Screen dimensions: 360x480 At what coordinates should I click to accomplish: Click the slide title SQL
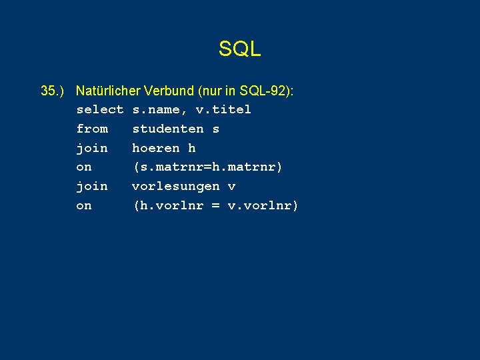(x=239, y=49)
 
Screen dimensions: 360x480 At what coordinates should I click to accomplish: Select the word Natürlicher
(x=107, y=90)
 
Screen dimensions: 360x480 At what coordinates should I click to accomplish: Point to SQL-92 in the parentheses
(x=258, y=90)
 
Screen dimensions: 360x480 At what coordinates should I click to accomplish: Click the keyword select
(x=100, y=109)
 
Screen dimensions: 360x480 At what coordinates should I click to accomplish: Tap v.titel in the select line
(x=223, y=109)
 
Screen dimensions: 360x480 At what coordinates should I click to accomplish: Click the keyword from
(x=92, y=129)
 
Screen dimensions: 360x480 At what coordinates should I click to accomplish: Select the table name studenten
(x=167, y=129)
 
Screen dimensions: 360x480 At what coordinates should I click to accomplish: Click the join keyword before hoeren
(x=92, y=148)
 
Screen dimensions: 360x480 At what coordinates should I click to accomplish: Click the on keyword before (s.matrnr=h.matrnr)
(x=84, y=167)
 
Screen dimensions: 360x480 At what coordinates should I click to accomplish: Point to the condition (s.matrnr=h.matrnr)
(x=207, y=167)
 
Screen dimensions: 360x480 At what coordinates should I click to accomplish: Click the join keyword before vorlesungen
(x=92, y=186)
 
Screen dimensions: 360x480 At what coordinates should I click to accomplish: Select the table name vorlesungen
(x=175, y=186)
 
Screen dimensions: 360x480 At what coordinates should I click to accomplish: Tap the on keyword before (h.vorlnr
(x=84, y=205)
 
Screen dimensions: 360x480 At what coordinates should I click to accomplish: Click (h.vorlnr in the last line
(x=167, y=205)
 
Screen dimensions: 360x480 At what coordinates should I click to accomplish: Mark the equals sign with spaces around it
(x=215, y=205)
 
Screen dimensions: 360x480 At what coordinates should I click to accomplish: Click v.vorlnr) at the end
(x=263, y=205)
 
